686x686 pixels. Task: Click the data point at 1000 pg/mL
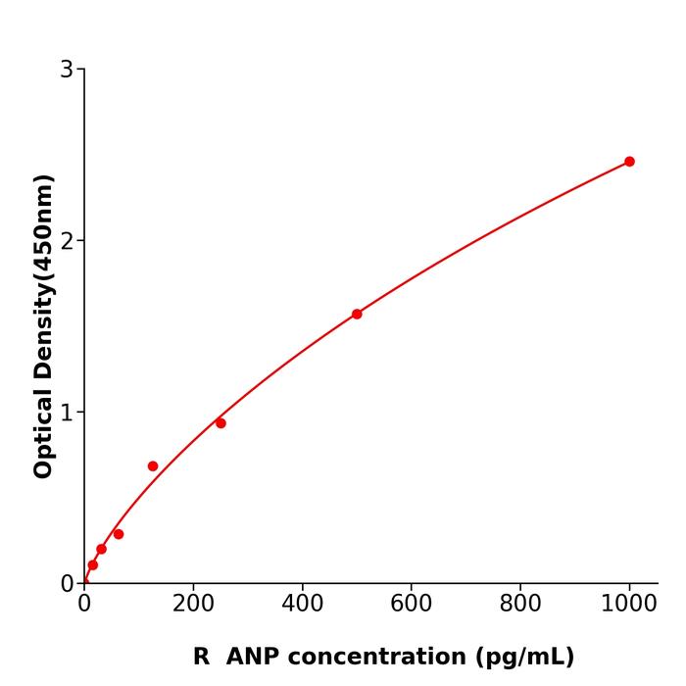(629, 162)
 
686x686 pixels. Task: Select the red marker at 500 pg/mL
(357, 314)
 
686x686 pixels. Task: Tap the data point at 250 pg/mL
(220, 423)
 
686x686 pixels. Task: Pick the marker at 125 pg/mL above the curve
(153, 466)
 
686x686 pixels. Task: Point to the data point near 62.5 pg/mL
(119, 534)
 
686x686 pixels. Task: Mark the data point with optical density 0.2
(101, 549)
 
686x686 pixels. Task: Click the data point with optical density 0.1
(92, 564)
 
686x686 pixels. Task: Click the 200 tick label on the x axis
(193, 604)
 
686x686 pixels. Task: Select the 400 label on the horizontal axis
(302, 604)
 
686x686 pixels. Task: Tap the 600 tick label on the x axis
(411, 604)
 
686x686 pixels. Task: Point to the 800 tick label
(519, 604)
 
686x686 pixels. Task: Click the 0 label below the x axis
(84, 604)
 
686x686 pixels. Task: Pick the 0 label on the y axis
(67, 584)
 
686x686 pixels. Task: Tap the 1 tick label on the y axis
(67, 413)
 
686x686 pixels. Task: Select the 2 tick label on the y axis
(67, 241)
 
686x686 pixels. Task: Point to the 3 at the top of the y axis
(67, 70)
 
